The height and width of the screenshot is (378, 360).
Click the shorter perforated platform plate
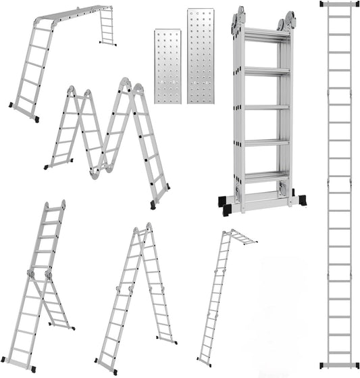coord(167,66)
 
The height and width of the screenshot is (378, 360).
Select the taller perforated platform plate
coord(201,56)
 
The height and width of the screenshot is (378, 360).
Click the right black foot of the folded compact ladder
coord(301,201)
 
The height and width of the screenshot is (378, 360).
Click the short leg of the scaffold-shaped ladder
coord(107,27)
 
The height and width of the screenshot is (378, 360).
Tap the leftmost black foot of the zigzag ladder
coord(46,166)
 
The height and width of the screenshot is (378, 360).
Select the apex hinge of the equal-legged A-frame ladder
coord(149,228)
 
